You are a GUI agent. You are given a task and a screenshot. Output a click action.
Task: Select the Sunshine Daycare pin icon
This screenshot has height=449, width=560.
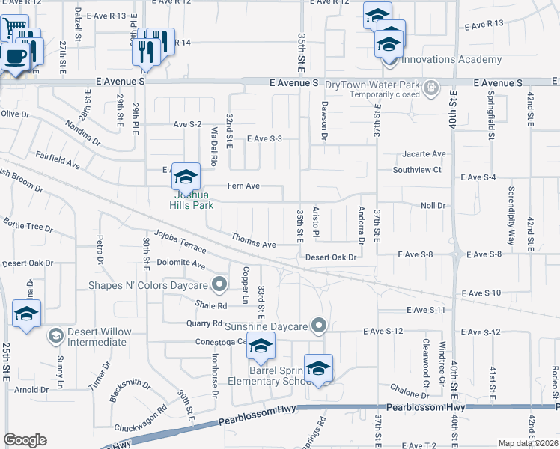tap(320, 325)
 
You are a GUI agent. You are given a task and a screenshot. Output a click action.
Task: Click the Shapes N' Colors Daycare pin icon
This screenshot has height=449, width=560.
tap(219, 284)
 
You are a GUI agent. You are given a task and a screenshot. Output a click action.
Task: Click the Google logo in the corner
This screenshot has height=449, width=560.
tap(25, 439)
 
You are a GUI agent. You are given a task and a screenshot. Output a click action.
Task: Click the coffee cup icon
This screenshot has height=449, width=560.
tap(15, 55)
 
